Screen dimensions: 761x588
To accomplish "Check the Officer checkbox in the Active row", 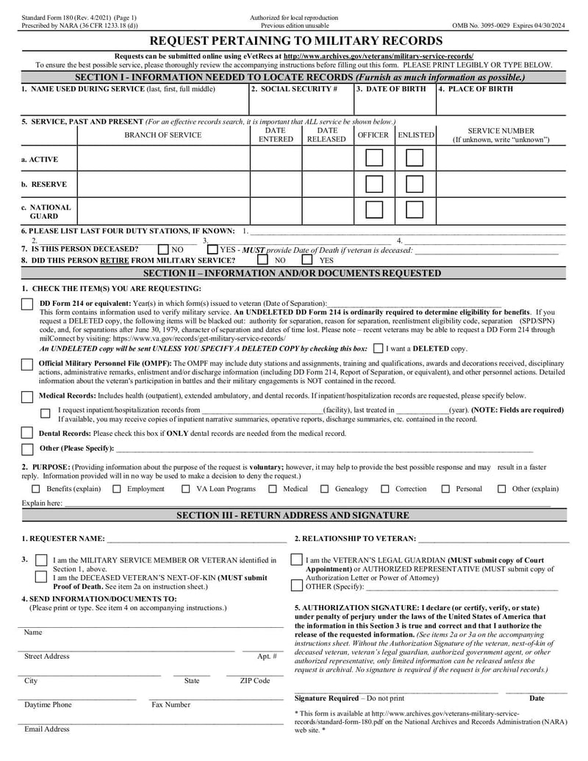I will coord(374,158).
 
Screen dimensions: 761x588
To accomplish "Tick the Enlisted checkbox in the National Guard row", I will coord(415,210).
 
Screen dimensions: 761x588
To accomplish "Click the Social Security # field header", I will coord(294,89).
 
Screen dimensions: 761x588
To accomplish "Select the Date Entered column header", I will coord(276,135).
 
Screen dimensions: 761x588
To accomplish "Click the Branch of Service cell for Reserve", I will coord(163,184).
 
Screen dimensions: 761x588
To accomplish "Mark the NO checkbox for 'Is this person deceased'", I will coord(164,249).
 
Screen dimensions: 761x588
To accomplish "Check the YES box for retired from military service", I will coord(306,260).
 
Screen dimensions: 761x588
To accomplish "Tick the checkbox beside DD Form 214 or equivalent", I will coord(27,304).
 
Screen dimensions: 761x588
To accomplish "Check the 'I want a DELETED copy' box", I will coord(378,349).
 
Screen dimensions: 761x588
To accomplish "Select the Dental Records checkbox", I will coord(27,433).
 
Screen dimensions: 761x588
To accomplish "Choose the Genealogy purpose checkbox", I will coord(325,489).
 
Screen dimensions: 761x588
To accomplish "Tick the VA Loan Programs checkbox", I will coord(186,489).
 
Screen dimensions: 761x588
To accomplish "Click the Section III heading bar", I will coord(293,515).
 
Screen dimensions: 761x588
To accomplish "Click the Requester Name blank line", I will coord(191,540).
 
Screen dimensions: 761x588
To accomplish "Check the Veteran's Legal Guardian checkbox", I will coord(296,560).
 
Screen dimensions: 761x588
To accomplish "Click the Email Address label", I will coord(47,729).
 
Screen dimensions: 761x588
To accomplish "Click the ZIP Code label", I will coord(255,681).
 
